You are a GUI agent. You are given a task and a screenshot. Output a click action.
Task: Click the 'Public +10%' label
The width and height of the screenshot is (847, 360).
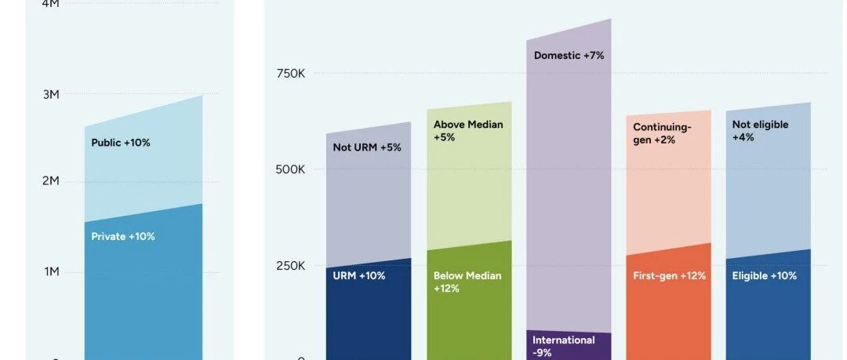click(x=120, y=143)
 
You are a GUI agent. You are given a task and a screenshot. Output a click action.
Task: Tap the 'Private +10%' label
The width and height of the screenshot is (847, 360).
click(x=122, y=236)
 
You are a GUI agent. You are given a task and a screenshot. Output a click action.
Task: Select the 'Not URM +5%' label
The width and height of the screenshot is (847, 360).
click(x=366, y=147)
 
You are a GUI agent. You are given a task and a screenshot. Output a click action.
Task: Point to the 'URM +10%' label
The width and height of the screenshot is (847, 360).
click(x=358, y=276)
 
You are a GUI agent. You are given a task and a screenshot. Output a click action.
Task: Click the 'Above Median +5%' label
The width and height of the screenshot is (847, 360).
click(x=468, y=131)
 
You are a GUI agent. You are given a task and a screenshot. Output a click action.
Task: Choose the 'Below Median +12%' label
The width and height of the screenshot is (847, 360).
click(x=467, y=282)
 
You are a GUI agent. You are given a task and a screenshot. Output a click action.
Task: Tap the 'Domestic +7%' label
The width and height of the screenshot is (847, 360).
click(x=569, y=56)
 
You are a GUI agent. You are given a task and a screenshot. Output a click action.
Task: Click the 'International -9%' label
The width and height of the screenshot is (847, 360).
click(x=563, y=347)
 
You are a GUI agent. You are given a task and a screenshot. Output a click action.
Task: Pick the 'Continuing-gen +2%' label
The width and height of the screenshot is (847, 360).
click(x=662, y=133)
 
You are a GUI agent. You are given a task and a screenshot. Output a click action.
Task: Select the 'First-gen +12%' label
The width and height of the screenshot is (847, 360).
click(x=669, y=276)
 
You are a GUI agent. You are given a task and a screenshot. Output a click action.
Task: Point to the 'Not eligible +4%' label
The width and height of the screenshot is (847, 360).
click(x=760, y=131)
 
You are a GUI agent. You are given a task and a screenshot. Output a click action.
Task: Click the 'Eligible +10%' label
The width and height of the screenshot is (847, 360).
click(x=764, y=276)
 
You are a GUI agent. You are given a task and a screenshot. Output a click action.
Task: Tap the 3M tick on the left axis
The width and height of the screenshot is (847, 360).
click(x=50, y=94)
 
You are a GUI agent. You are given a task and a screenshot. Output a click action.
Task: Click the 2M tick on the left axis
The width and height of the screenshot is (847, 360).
click(x=50, y=181)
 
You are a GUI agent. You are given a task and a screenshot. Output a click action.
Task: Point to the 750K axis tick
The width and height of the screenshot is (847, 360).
click(x=290, y=73)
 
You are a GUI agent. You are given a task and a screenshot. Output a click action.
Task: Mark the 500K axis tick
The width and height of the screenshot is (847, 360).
click(x=290, y=169)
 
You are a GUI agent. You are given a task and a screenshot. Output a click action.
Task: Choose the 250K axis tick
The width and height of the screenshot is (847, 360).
click(x=290, y=266)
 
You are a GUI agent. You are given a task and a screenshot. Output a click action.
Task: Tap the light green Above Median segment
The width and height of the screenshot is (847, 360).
click(x=469, y=188)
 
